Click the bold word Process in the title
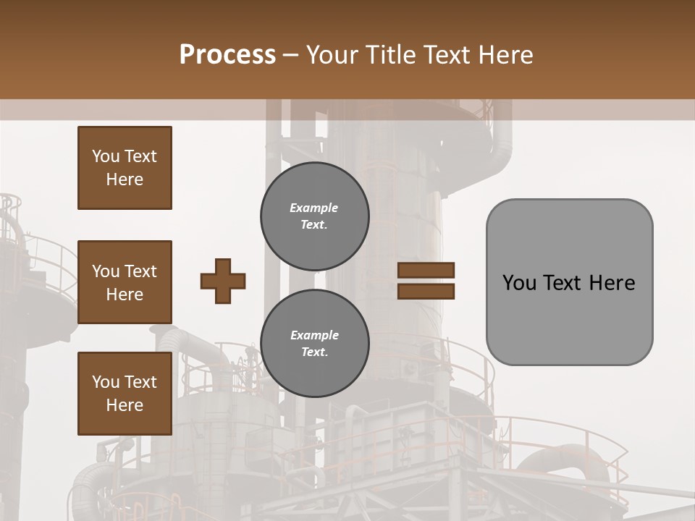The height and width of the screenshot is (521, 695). (227, 54)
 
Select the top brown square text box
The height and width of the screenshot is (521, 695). (125, 168)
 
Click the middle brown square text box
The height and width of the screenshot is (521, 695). (125, 282)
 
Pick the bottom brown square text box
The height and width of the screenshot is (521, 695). (125, 393)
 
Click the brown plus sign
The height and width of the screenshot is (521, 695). (223, 281)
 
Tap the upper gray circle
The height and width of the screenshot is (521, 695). (314, 216)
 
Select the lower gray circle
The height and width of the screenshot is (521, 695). (314, 343)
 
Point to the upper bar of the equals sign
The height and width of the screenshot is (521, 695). (426, 270)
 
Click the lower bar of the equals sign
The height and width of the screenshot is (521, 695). (426, 291)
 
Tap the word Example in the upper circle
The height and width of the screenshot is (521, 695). (313, 208)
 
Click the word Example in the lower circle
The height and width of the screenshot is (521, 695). (314, 335)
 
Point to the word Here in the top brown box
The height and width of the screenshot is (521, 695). (125, 179)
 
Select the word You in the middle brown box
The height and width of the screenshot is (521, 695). (105, 271)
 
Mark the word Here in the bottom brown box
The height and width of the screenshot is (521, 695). (125, 405)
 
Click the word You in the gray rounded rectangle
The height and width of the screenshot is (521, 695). (519, 283)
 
